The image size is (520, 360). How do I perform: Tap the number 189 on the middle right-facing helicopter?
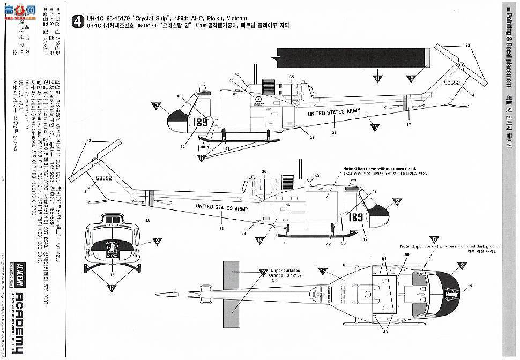tap(355, 217)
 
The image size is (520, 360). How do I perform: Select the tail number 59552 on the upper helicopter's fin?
tap(452, 84)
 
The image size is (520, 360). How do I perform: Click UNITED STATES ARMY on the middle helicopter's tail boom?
tap(214, 207)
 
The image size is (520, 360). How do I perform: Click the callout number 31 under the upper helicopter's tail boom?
tap(333, 132)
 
